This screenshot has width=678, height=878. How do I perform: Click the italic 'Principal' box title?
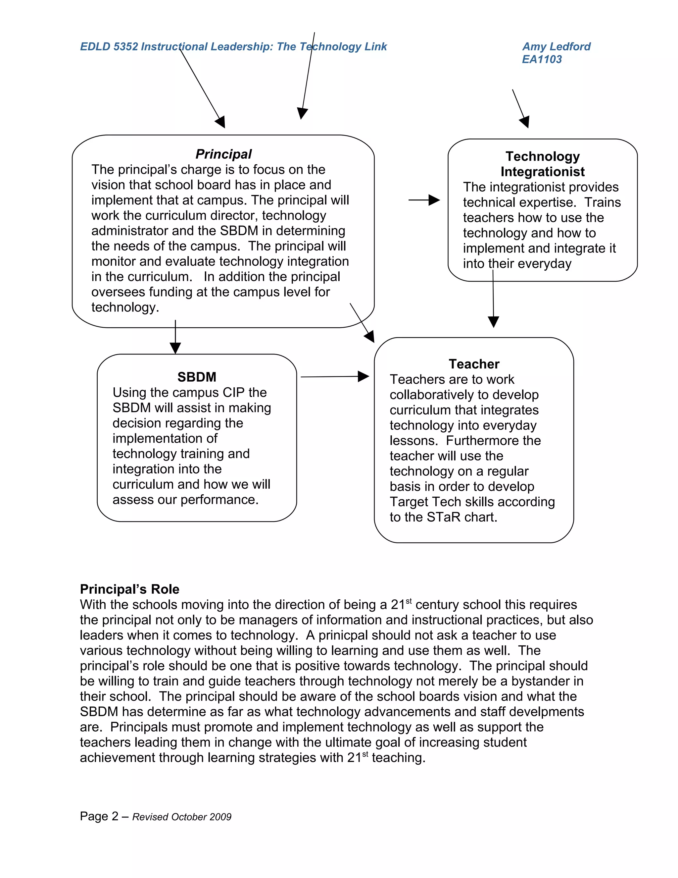223,154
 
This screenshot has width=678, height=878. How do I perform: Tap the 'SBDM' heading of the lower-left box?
197,377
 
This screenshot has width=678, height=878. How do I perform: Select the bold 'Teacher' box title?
474,364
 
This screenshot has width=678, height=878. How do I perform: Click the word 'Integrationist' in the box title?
542,172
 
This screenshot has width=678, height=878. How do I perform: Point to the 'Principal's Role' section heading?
129,589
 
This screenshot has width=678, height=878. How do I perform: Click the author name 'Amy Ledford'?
556,47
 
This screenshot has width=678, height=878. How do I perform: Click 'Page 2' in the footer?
99,816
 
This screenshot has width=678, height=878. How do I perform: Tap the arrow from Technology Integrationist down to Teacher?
493,300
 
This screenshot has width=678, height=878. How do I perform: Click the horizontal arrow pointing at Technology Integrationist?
424,200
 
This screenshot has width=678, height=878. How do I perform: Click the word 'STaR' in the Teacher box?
443,517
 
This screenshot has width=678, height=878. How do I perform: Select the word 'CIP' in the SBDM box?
232,392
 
